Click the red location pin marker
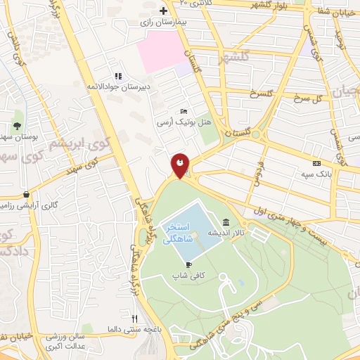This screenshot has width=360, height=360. pyautogui.click(x=180, y=165)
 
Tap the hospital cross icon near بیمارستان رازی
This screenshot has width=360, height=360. pyautogui.click(x=163, y=11)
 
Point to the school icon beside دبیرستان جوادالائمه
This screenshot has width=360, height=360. pyautogui.click(x=118, y=76)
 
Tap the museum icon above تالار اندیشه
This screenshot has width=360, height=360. pyautogui.click(x=225, y=222)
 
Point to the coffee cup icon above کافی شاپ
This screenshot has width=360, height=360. pyautogui.click(x=188, y=264)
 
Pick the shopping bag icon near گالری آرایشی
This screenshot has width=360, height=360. pyautogui.click(x=27, y=195)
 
